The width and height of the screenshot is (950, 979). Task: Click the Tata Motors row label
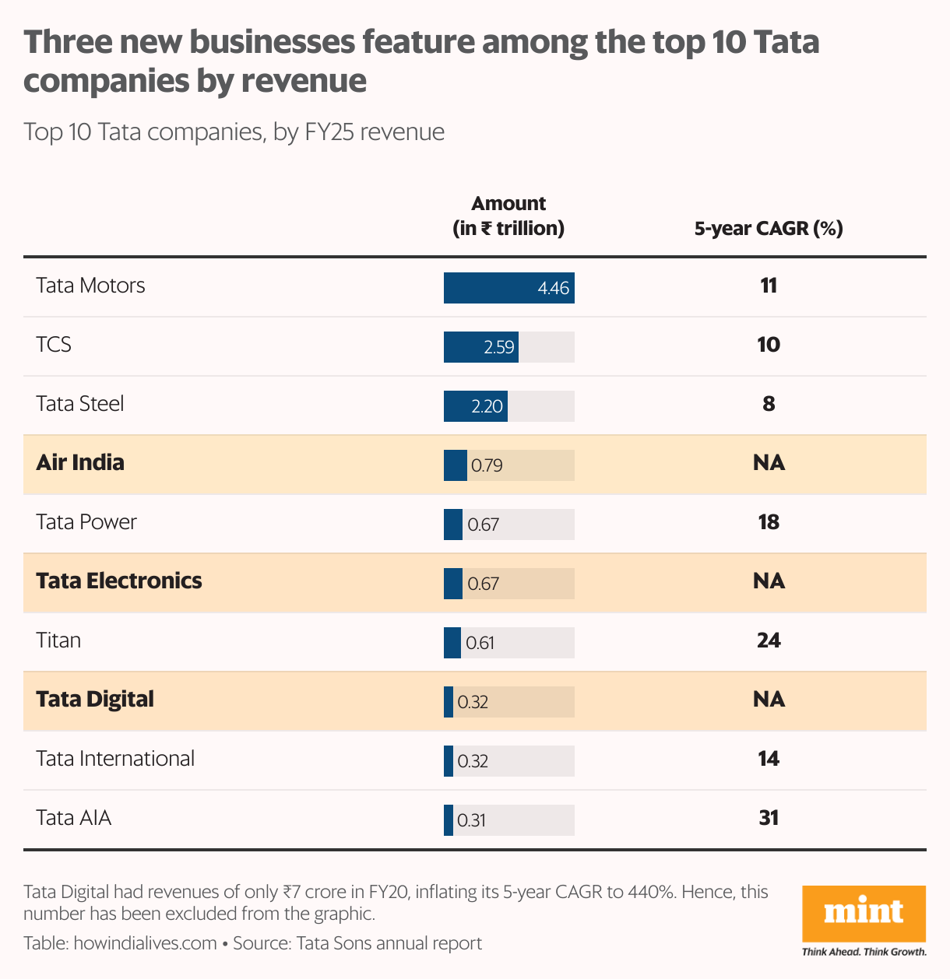point(90,286)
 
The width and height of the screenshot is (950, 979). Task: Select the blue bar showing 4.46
point(508,288)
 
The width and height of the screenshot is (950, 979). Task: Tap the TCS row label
point(54,345)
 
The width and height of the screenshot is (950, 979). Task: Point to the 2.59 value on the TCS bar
point(498,347)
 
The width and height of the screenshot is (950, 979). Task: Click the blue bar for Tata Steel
point(475,406)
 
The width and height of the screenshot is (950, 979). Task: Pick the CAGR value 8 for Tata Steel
point(769,404)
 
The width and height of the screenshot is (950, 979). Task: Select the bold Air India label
point(80,462)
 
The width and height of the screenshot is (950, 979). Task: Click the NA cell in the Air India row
point(769,463)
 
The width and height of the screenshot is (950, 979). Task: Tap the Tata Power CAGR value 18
point(769,522)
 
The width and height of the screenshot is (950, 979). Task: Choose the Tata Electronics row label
point(119,581)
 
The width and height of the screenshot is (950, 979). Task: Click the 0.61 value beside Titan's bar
point(480,643)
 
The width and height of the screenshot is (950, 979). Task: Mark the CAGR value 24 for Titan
point(769,640)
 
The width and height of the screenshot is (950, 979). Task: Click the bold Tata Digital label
point(95,699)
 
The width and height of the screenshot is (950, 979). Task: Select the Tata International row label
point(115,759)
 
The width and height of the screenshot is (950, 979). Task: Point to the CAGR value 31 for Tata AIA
point(769,818)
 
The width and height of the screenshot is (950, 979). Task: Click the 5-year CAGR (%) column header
point(769,229)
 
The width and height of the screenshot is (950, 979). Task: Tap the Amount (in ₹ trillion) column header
point(508,216)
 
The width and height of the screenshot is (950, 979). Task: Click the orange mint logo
point(864,913)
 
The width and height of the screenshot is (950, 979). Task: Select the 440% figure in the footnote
point(650,892)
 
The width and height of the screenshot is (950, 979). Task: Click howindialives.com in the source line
point(145,943)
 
